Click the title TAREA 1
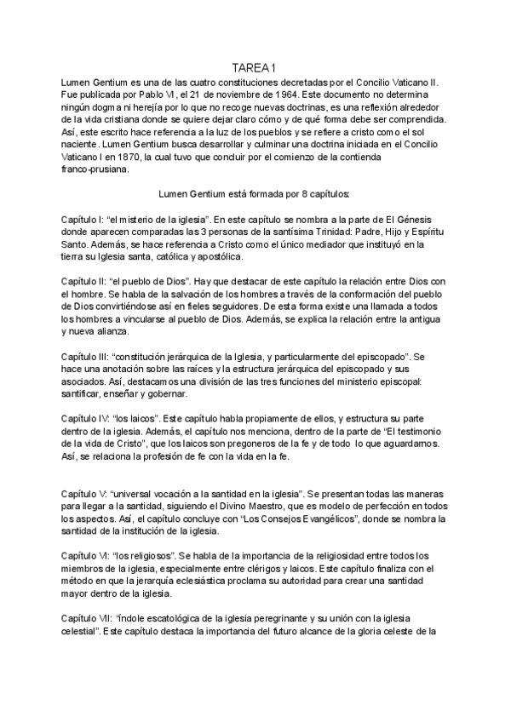(255, 67)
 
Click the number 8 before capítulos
(297, 193)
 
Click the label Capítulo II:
(89, 281)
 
